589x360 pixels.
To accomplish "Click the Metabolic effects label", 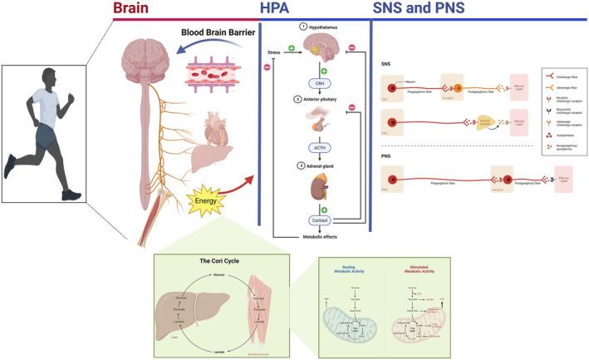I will [319, 238].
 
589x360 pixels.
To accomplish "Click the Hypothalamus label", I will [323, 26].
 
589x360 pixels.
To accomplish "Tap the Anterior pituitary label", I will [325, 99].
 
